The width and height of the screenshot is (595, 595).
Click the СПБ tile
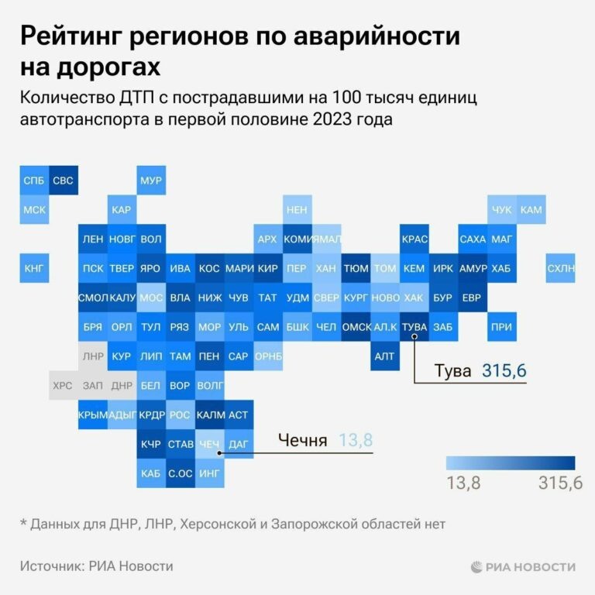[x=34, y=181]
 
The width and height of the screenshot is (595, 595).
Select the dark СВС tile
[x=64, y=181]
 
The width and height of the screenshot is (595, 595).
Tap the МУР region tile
[x=151, y=181]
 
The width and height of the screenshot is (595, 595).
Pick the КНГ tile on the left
[x=34, y=268]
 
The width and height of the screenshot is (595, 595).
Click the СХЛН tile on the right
[x=560, y=268]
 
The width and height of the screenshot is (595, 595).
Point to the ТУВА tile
[x=414, y=327]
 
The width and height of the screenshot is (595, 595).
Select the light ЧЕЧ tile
[x=209, y=444]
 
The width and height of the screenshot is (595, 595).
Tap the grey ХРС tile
[x=64, y=385]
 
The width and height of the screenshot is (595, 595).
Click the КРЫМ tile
[x=92, y=414]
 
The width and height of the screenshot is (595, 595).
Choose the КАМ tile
[x=531, y=210]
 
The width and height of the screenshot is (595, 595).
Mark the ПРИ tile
[x=501, y=327]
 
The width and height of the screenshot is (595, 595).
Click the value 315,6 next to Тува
[x=504, y=371]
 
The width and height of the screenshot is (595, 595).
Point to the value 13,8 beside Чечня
[x=356, y=441]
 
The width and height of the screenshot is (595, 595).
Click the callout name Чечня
[x=303, y=441]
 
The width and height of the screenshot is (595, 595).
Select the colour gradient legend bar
[x=511, y=463]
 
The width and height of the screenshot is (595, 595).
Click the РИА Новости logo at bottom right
[x=523, y=567]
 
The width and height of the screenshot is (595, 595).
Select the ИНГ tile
[x=209, y=473]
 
